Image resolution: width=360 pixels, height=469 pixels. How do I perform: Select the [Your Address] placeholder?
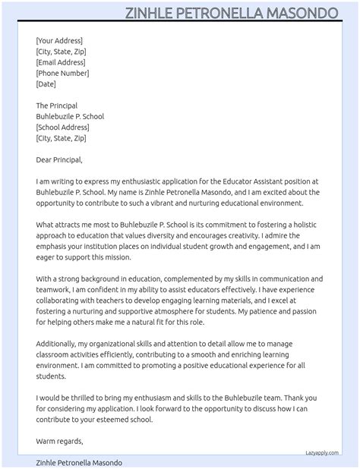(x=59, y=41)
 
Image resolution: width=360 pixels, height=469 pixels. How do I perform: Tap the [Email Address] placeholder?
(x=61, y=62)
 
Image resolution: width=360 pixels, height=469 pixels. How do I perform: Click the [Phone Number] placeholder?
(x=62, y=73)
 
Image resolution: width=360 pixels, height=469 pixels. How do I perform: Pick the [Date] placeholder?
(x=46, y=83)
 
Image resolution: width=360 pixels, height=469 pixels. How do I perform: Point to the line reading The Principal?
(x=57, y=105)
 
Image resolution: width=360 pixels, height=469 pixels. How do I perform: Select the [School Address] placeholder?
(x=62, y=127)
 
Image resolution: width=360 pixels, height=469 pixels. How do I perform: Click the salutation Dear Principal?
(x=59, y=160)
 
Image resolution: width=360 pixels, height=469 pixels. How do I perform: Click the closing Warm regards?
(x=59, y=441)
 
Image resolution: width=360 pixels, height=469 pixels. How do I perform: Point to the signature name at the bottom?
(x=79, y=462)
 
